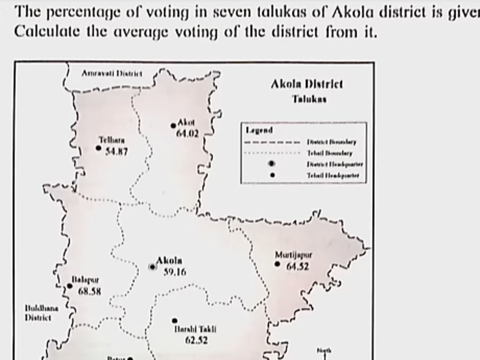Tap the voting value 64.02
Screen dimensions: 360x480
[187, 134]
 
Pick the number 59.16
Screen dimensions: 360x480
[175, 272]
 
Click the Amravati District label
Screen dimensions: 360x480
[111, 74]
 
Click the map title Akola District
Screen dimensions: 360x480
[307, 84]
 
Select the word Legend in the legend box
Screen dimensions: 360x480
[259, 130]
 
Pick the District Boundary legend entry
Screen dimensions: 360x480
[331, 142]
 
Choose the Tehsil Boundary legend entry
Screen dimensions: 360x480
[330, 153]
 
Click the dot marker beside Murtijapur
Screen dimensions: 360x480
[277, 264]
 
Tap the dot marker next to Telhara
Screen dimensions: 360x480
[98, 148]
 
